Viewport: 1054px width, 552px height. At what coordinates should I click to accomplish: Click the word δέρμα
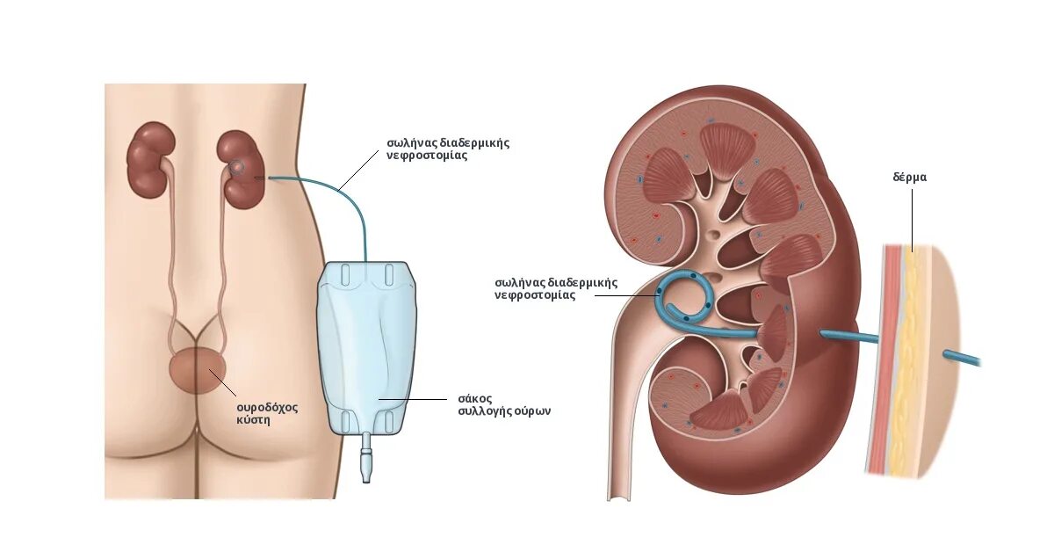(909, 178)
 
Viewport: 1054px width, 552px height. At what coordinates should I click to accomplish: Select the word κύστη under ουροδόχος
(252, 420)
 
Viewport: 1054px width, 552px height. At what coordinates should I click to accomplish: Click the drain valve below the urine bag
(366, 461)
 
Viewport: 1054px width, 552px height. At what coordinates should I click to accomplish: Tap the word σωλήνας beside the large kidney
(520, 283)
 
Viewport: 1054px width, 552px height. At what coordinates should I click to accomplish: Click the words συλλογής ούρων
(504, 410)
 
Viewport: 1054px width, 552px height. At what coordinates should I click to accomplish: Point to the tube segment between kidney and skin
(848, 337)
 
